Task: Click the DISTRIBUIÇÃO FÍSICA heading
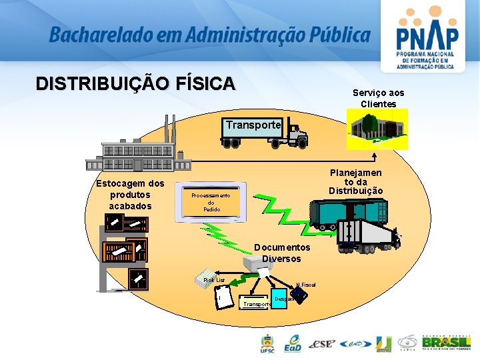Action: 135,84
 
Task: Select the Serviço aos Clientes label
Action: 378,99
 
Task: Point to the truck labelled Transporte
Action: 263,131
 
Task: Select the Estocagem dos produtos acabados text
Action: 130,195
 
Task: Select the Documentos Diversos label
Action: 281,253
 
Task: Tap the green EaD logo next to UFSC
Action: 293,343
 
